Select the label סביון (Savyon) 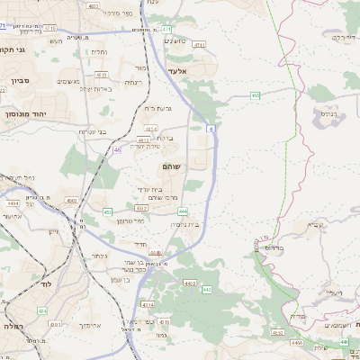click(21, 80)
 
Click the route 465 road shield click(255, 94)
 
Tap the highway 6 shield click(211, 130)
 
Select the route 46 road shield click(118, 150)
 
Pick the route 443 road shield click(206, 289)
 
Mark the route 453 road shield click(107, 211)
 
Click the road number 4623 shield click(141, 140)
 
